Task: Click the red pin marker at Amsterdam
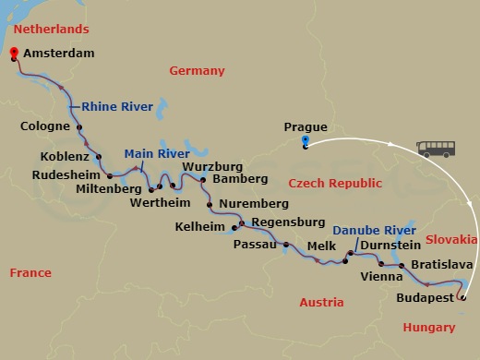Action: tap(13, 54)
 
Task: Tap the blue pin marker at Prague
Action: tap(305, 141)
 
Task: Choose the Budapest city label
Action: tap(425, 299)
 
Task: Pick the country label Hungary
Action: tap(429, 327)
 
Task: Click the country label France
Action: tap(30, 272)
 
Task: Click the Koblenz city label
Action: tap(65, 156)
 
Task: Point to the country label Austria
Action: tap(322, 302)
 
